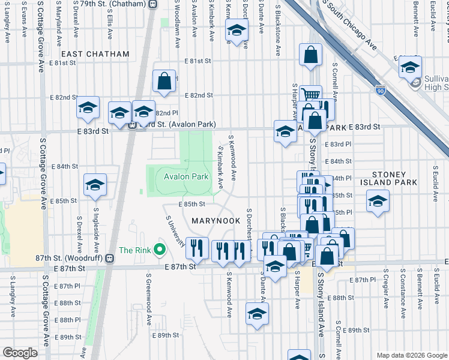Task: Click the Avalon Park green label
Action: coord(186,176)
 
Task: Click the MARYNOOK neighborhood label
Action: coord(215,221)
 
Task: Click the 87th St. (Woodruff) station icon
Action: coord(109,258)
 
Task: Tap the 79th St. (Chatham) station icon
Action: coord(152,4)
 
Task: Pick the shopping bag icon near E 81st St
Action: coord(164,81)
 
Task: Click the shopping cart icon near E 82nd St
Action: coord(310,95)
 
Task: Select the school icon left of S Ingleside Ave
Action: coord(95,185)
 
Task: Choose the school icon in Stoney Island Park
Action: coord(378,202)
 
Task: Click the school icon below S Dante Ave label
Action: coord(257,314)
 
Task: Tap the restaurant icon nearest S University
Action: coord(197,247)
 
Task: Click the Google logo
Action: coord(20,352)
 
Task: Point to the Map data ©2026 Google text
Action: coord(412,355)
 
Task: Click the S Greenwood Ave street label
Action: coord(148,298)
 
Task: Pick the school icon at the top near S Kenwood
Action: coord(237,31)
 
